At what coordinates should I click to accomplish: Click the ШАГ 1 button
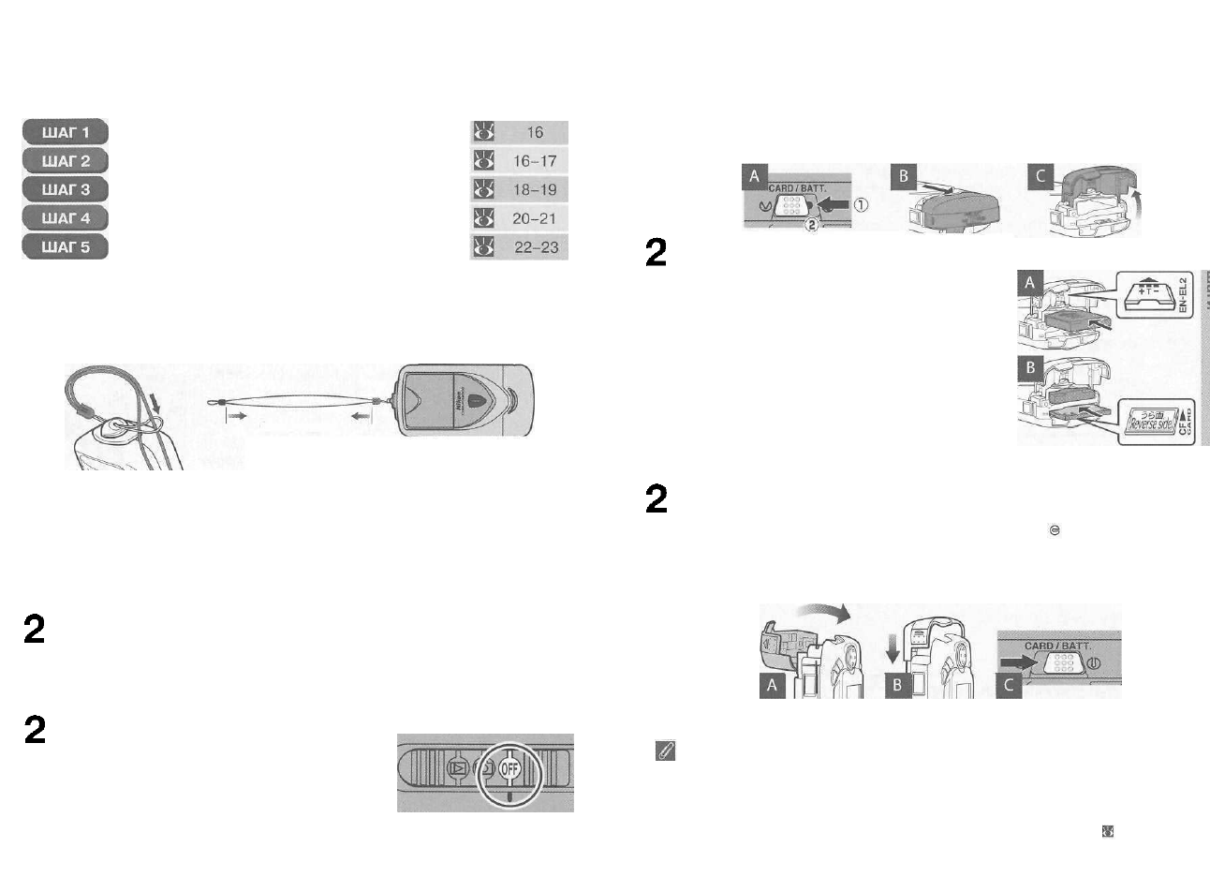tap(66, 132)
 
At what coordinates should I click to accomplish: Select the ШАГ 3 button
tap(66, 189)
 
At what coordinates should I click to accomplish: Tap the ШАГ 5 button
tap(66, 246)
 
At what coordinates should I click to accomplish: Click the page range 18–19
tap(534, 189)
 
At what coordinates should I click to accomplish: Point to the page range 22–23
tap(534, 247)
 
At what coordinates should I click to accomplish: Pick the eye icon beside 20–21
tap(483, 218)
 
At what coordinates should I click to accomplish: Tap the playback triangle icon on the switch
tap(458, 767)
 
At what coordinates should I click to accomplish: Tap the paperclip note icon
tap(664, 751)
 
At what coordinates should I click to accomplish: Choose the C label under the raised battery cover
tap(1040, 175)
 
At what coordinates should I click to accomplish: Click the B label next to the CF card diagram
tap(1030, 367)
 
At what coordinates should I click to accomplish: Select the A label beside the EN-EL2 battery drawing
tap(1030, 282)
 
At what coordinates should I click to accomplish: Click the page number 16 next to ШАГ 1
tap(534, 132)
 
